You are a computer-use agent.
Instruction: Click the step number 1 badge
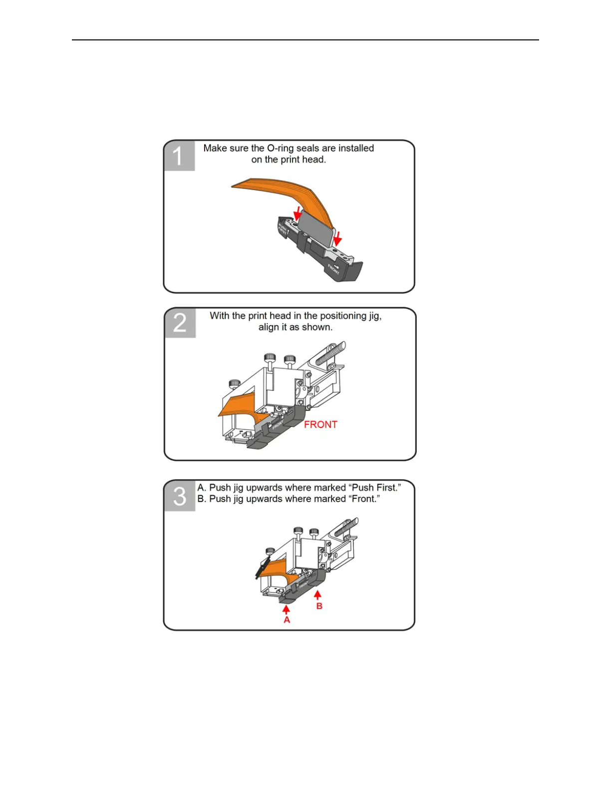[179, 155]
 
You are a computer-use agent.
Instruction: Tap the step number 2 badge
[180, 323]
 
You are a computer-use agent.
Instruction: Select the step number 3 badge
[180, 496]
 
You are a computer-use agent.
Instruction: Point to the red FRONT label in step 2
[320, 424]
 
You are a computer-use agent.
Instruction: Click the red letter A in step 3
[287, 619]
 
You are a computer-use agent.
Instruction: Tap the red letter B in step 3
[319, 606]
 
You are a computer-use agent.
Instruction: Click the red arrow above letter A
[286, 609]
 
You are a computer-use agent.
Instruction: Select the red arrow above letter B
[317, 595]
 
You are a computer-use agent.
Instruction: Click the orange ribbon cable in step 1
[280, 190]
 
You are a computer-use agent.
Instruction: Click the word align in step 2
[269, 327]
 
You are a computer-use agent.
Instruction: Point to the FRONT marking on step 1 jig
[333, 268]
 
